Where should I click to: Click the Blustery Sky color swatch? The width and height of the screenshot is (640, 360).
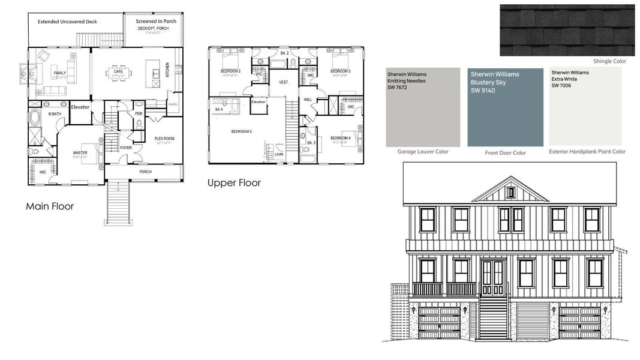click(505, 107)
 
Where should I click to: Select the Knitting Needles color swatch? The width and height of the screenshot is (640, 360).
click(422, 107)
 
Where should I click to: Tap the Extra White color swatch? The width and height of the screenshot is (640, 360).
click(585, 107)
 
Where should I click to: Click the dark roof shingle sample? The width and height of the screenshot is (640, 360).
click(567, 30)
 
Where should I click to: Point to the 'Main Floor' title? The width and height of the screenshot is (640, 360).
click(50, 206)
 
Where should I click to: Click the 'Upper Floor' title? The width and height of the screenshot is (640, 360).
click(234, 182)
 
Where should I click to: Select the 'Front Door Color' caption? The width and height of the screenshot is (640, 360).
click(505, 153)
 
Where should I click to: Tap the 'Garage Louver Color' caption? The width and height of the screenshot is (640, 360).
click(422, 152)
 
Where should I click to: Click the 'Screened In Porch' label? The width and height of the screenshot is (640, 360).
click(156, 21)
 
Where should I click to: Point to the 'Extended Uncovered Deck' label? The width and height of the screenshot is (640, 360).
click(67, 22)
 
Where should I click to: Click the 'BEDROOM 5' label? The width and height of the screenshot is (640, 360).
click(242, 131)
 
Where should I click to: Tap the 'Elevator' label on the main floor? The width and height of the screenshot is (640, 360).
click(80, 107)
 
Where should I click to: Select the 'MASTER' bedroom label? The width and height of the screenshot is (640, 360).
click(80, 152)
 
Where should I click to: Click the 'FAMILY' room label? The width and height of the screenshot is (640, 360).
click(60, 73)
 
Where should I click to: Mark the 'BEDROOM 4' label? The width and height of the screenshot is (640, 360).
click(340, 139)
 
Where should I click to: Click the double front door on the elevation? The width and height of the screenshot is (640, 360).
click(493, 277)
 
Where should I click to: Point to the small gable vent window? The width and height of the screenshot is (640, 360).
click(510, 193)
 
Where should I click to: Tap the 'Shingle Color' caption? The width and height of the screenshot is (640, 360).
click(609, 61)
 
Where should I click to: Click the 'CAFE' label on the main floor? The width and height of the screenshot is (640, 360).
click(118, 71)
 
